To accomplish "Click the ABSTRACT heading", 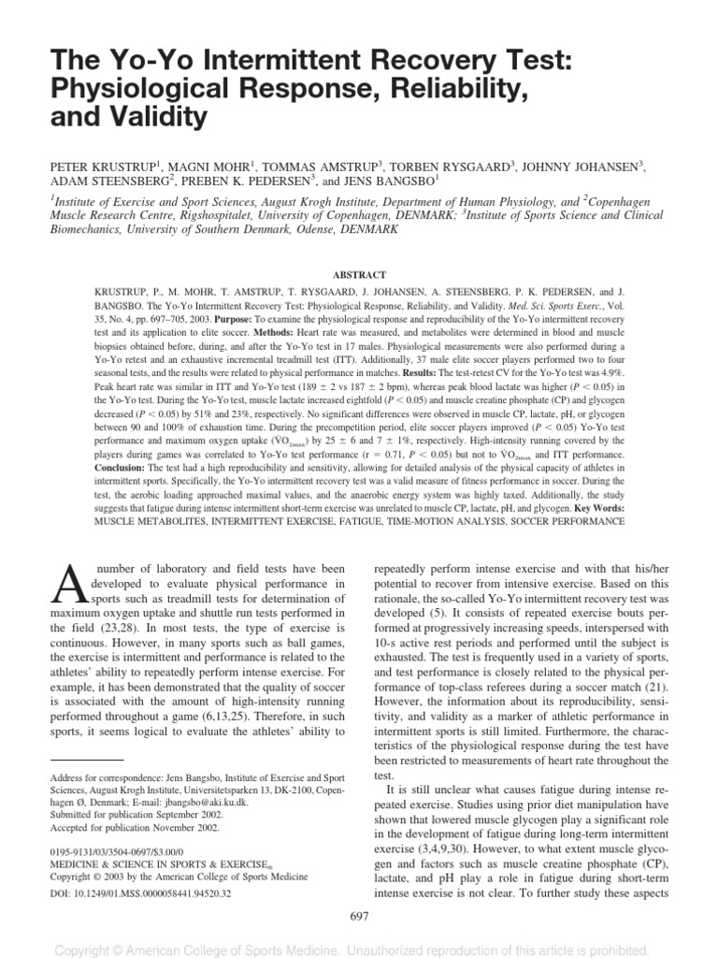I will [358, 276].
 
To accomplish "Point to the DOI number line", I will [139, 893].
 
